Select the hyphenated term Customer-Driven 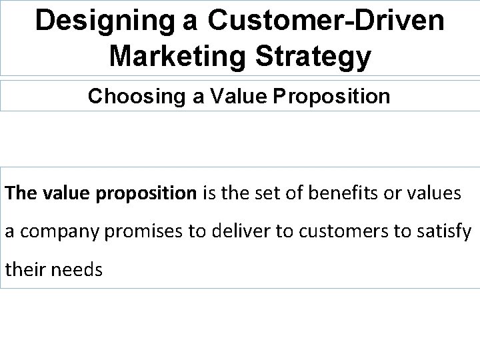(x=325, y=21)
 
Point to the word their (x=25, y=272)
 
